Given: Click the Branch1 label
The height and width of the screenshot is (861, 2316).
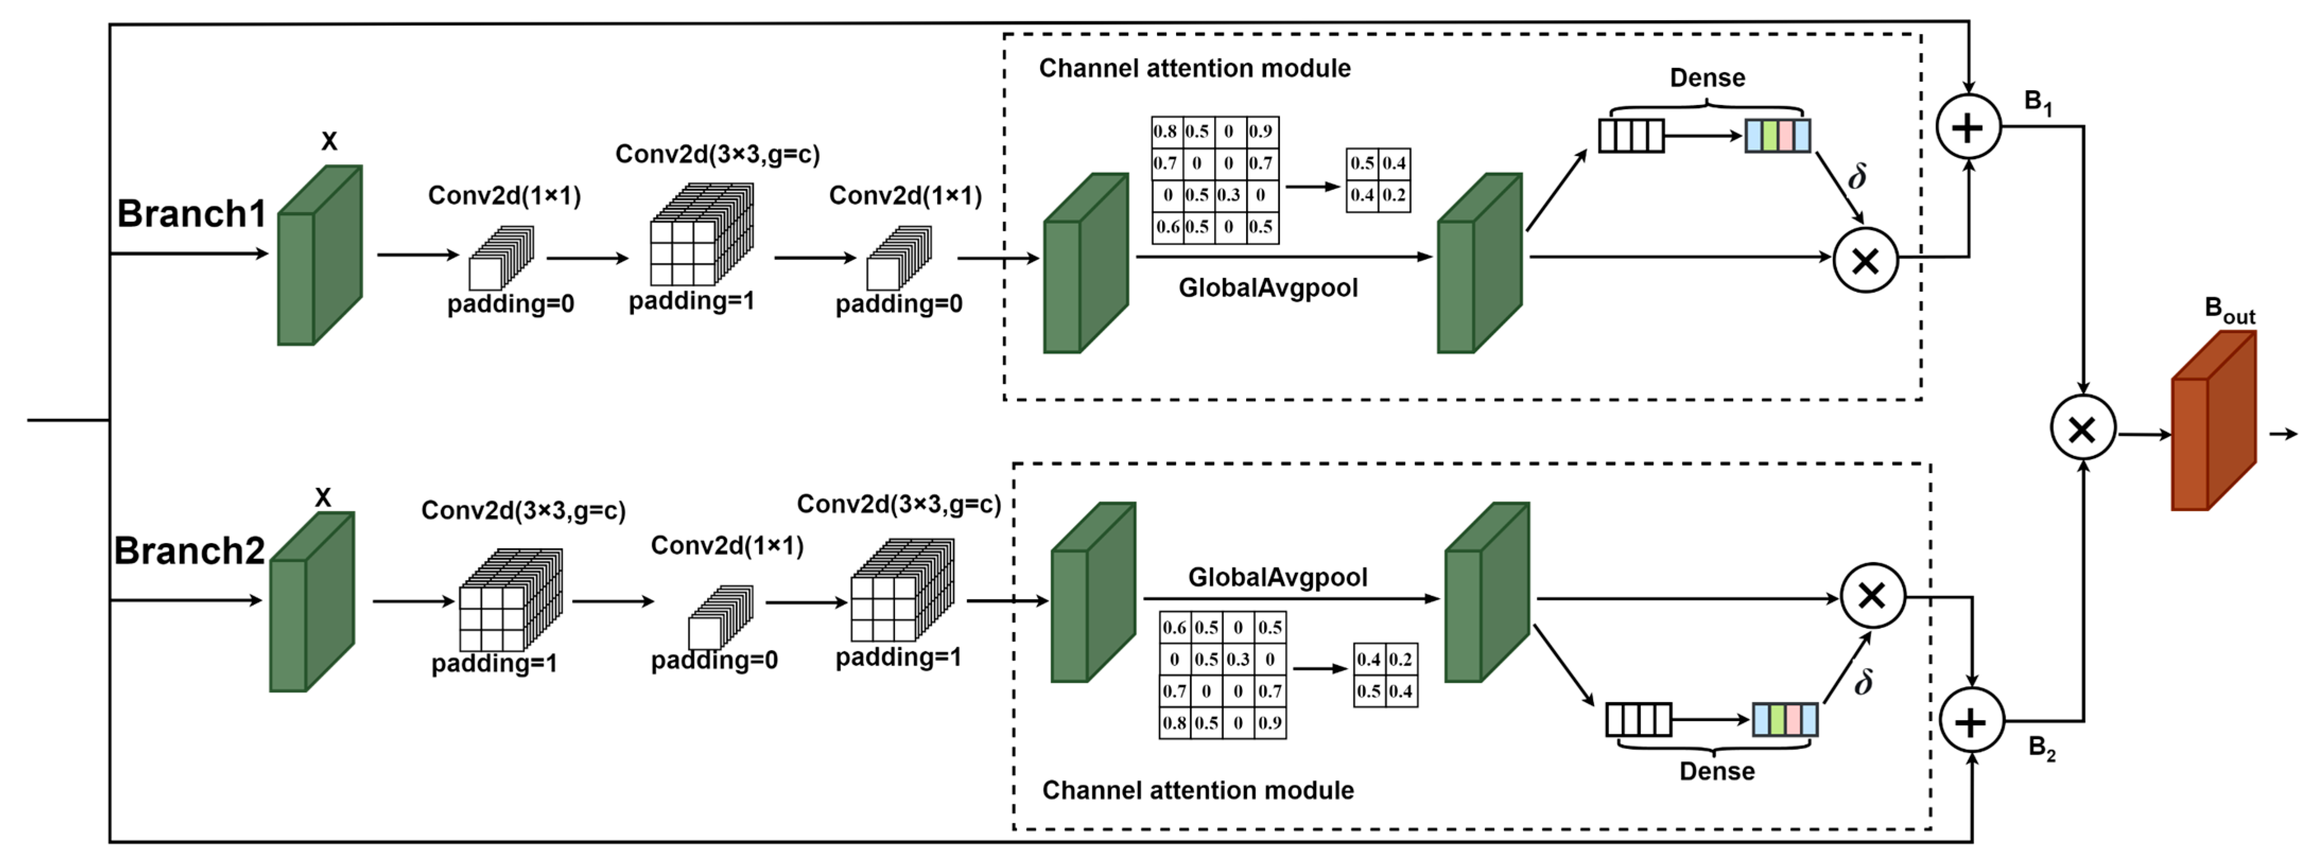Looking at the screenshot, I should (x=191, y=214).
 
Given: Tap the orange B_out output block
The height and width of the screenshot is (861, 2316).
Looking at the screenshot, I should (x=2213, y=423).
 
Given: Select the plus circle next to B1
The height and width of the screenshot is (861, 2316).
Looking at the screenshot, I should (x=1968, y=127).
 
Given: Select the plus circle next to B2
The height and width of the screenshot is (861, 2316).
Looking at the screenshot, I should (x=1971, y=721).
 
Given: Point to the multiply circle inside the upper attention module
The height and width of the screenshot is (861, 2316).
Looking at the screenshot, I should (x=1866, y=261).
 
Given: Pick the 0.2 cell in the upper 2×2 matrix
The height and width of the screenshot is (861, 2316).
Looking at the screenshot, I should (x=1395, y=195).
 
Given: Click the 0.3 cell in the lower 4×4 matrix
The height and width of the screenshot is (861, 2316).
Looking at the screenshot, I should (x=1238, y=659).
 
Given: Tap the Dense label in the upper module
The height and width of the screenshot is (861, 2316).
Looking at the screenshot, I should (x=1708, y=78).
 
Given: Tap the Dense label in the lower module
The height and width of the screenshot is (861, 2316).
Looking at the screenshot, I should (x=1717, y=771).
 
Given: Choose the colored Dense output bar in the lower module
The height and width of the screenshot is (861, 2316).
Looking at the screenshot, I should (x=1784, y=720).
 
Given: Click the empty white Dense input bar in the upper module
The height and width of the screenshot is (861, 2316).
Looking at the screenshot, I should (x=1631, y=136).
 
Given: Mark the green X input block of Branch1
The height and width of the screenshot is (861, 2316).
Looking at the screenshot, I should (x=319, y=256).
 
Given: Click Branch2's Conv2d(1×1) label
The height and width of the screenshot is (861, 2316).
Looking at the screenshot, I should (x=726, y=546).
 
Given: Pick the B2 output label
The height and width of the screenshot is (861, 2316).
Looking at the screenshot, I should (x=2042, y=748).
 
